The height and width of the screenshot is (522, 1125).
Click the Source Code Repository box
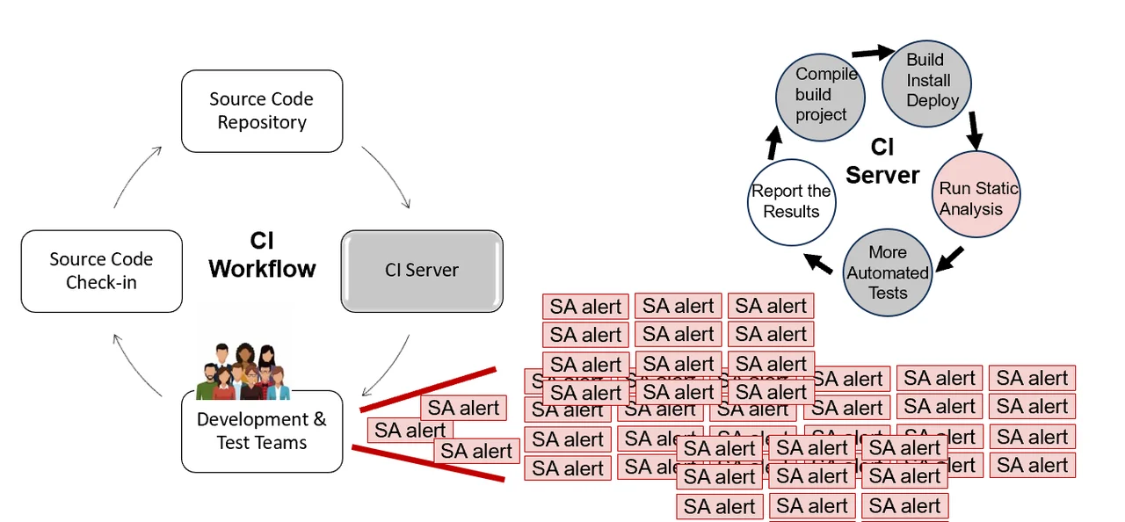(x=261, y=111)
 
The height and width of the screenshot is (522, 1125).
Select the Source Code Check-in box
(x=101, y=271)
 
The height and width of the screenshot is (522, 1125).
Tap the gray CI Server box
(x=422, y=271)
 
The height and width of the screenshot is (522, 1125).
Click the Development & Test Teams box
(x=261, y=431)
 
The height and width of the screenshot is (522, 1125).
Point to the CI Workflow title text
(x=262, y=255)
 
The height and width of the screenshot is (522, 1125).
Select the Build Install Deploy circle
(x=927, y=80)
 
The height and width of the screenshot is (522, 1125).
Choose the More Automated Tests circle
(x=888, y=272)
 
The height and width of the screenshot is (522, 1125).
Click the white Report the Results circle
(x=791, y=202)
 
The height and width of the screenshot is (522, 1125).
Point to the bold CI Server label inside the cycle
(x=882, y=162)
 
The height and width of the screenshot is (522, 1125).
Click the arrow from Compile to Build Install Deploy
(x=873, y=53)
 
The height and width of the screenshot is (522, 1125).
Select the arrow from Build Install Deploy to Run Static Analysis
(x=973, y=129)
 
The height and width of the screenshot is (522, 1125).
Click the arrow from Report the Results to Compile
(x=773, y=143)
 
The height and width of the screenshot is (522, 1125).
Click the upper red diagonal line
(x=428, y=389)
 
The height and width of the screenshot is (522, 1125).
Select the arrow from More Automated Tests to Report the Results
(x=819, y=263)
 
